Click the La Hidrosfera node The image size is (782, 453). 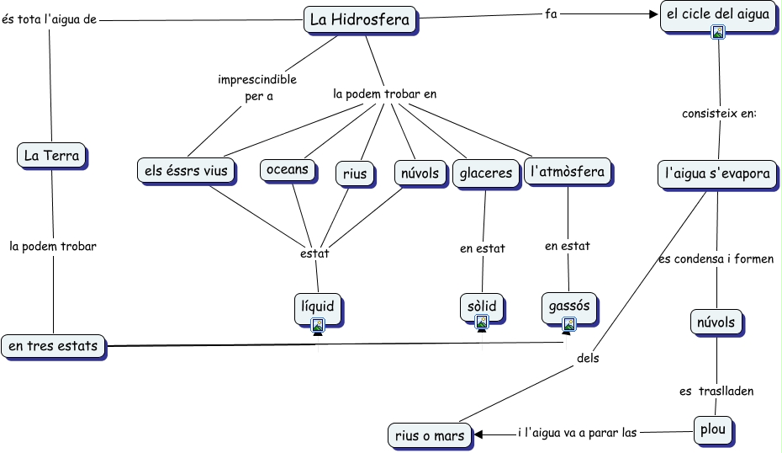360,19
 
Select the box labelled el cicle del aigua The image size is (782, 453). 717,14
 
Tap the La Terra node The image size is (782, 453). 52,155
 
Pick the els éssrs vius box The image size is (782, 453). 187,171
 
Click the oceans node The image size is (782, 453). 288,170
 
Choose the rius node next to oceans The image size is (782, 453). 356,173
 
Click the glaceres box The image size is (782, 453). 485,173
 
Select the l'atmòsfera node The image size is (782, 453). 568,173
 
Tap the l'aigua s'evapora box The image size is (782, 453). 717,174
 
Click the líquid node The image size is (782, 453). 318,306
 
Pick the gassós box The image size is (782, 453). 569,305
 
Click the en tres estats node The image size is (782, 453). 54,345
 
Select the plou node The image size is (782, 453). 714,429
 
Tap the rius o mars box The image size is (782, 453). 429,435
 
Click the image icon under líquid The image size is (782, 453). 318,324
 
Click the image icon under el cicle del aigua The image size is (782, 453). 718,32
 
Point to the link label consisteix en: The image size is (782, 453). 720,113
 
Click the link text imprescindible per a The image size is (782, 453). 257,88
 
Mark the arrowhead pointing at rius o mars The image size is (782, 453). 479,434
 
